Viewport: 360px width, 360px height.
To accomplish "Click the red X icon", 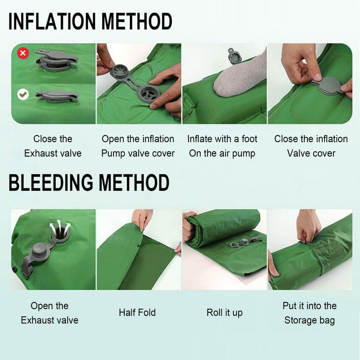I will pyautogui.click(x=22, y=53).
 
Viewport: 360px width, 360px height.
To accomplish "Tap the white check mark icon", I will pyautogui.click(x=22, y=95).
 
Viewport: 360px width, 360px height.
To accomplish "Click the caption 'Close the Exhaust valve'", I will pyautogui.click(x=53, y=146).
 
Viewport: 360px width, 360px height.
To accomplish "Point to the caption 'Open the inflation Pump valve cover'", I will pyautogui.click(x=138, y=146).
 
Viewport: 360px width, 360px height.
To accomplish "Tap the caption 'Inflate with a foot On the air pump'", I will pyautogui.click(x=222, y=146).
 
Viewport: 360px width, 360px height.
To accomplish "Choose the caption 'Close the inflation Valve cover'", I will pyautogui.click(x=311, y=146).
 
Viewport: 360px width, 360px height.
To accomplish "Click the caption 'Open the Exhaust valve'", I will pyautogui.click(x=50, y=313).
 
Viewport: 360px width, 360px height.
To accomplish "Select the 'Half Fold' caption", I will pyautogui.click(x=137, y=313).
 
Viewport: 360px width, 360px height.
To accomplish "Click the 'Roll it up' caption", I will pyautogui.click(x=225, y=313).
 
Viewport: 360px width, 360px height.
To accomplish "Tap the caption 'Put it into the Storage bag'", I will pyautogui.click(x=309, y=313).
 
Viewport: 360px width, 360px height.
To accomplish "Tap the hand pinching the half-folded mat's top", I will pyautogui.click(x=142, y=217).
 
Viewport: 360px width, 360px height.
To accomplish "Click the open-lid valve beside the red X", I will pyautogui.click(x=56, y=59).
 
